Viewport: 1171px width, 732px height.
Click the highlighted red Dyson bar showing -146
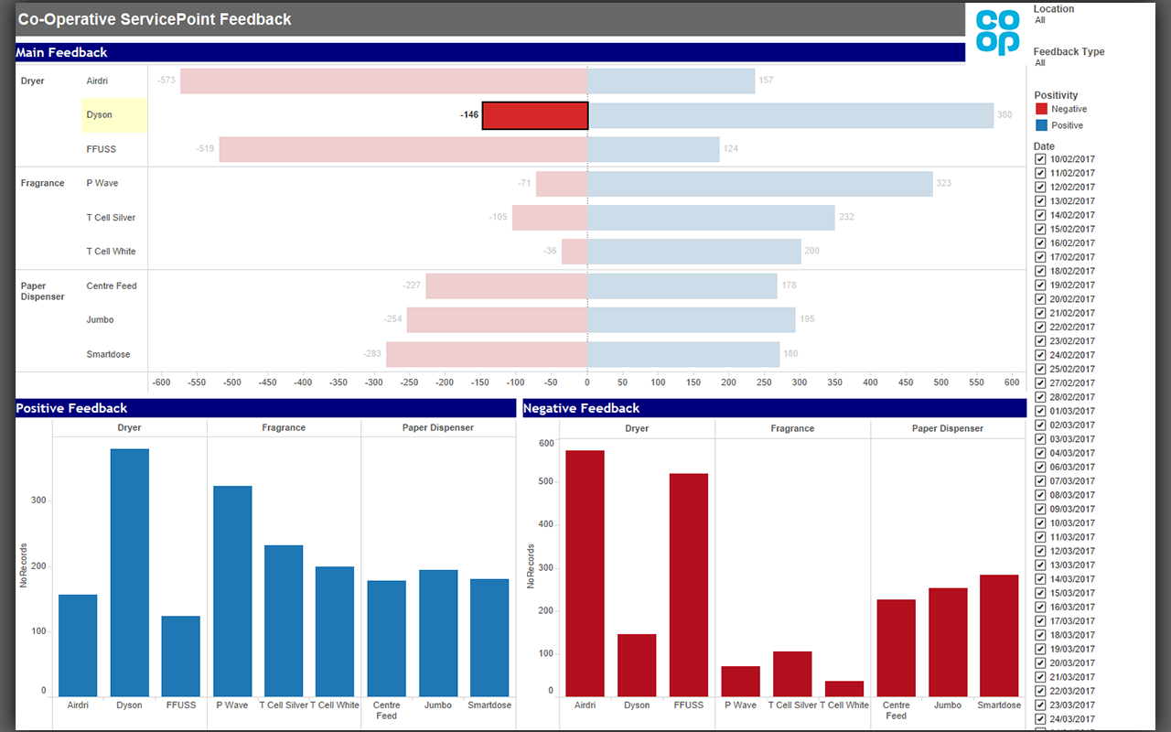(535, 115)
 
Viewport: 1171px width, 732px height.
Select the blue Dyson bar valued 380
(790, 115)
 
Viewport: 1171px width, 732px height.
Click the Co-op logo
(997, 32)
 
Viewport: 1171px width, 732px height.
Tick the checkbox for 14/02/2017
(1040, 215)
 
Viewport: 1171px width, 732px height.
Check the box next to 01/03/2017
(1040, 411)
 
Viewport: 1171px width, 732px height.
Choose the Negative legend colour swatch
(1041, 109)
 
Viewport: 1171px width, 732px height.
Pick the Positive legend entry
(1067, 125)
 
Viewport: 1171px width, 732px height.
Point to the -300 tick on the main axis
(374, 382)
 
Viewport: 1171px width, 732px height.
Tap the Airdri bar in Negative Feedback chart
(585, 574)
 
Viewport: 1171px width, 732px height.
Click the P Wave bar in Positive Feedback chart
(232, 591)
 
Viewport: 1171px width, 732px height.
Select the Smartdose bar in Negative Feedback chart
(998, 636)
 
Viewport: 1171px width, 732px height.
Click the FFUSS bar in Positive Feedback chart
(180, 656)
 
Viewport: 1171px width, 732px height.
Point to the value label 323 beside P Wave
(943, 183)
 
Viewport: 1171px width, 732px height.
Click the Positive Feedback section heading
(71, 408)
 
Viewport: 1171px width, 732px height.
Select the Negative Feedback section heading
(581, 408)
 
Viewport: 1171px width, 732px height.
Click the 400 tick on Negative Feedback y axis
(546, 524)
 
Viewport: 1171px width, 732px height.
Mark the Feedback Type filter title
(1069, 52)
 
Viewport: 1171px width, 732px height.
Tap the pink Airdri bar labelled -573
(383, 81)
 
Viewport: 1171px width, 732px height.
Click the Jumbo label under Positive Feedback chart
(438, 705)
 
